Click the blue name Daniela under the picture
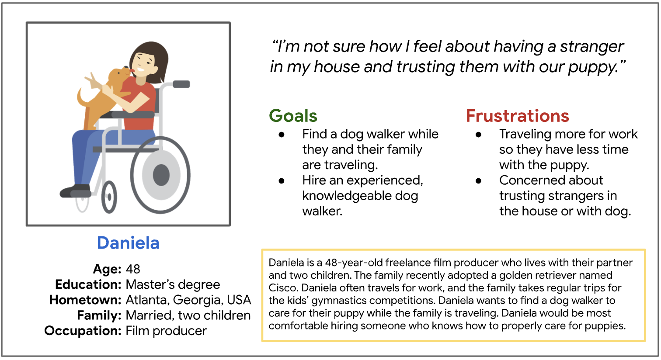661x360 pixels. (x=129, y=243)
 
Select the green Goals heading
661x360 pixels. (x=293, y=116)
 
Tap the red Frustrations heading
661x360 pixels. (x=518, y=116)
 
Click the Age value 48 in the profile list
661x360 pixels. (x=133, y=269)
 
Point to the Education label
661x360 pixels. (x=88, y=284)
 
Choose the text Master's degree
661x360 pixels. (x=173, y=284)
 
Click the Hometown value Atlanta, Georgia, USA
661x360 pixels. (x=188, y=300)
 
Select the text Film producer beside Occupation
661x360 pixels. (x=166, y=331)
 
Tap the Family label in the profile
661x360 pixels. (x=99, y=315)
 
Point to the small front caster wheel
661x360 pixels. (x=109, y=197)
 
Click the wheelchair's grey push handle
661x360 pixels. (x=181, y=84)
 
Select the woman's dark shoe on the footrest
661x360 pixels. (x=76, y=191)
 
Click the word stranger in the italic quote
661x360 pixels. (x=591, y=47)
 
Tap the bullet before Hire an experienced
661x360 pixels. (x=282, y=181)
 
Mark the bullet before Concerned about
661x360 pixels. (x=478, y=181)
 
